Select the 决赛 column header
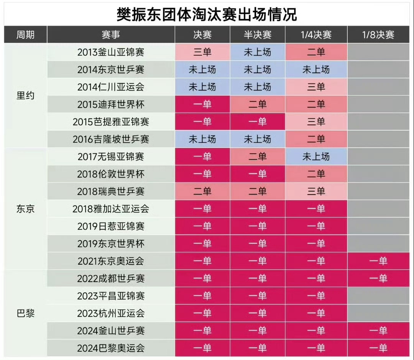[202, 34]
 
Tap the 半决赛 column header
[258, 34]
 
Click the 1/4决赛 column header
[316, 34]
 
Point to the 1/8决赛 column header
[378, 34]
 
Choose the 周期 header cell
[25, 34]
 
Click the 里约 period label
[25, 95]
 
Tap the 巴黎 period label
[25, 313]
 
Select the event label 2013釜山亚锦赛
[111, 52]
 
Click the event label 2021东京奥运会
[111, 261]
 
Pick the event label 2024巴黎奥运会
[111, 348]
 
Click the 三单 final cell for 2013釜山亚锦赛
[202, 52]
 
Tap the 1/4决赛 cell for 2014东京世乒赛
[316, 69]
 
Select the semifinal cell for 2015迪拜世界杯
[258, 104]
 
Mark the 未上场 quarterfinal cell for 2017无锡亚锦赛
[316, 156]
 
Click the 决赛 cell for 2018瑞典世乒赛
[202, 191]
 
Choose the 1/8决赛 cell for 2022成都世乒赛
[378, 278]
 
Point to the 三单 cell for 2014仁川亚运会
[316, 87]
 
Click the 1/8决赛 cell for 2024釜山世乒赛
[378, 331]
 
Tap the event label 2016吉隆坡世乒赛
[111, 139]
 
